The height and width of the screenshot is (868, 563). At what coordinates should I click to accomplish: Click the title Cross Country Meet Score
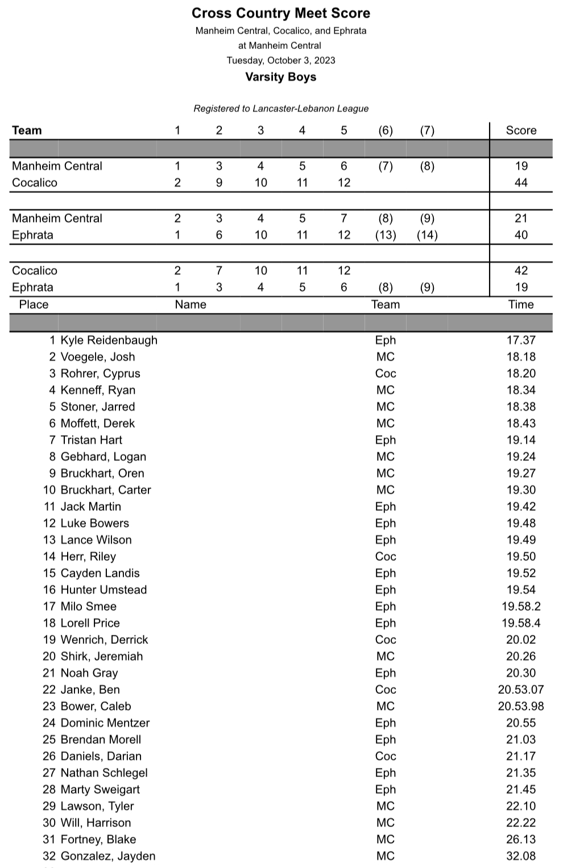(281, 13)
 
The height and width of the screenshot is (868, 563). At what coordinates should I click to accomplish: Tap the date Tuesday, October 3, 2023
(281, 60)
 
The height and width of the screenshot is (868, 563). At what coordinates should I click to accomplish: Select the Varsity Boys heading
(281, 77)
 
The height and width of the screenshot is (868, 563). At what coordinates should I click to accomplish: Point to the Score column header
(521, 130)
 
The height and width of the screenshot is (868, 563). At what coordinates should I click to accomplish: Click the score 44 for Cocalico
(521, 183)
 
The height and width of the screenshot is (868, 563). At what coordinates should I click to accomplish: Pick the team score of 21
(521, 218)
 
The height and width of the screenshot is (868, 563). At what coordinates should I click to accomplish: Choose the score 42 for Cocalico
(521, 271)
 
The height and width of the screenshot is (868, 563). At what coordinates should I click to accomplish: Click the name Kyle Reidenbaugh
(109, 340)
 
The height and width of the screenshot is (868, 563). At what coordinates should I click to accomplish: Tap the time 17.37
(521, 340)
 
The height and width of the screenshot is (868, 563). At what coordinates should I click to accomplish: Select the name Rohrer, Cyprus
(100, 374)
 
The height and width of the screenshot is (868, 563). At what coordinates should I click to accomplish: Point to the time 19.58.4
(521, 623)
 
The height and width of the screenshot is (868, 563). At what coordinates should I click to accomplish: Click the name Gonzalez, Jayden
(107, 856)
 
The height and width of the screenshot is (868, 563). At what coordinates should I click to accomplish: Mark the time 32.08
(521, 856)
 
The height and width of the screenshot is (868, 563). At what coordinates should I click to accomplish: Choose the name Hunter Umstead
(104, 590)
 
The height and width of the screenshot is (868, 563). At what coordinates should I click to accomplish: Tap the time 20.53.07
(521, 689)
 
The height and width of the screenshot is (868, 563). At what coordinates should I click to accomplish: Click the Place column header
(34, 304)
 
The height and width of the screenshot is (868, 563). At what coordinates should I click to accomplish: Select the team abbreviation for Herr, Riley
(386, 556)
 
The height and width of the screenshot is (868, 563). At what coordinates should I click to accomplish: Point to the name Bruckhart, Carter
(106, 490)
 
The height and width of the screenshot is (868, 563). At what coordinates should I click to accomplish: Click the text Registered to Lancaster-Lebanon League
(281, 109)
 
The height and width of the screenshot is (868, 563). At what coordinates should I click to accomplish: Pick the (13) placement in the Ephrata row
(386, 235)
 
